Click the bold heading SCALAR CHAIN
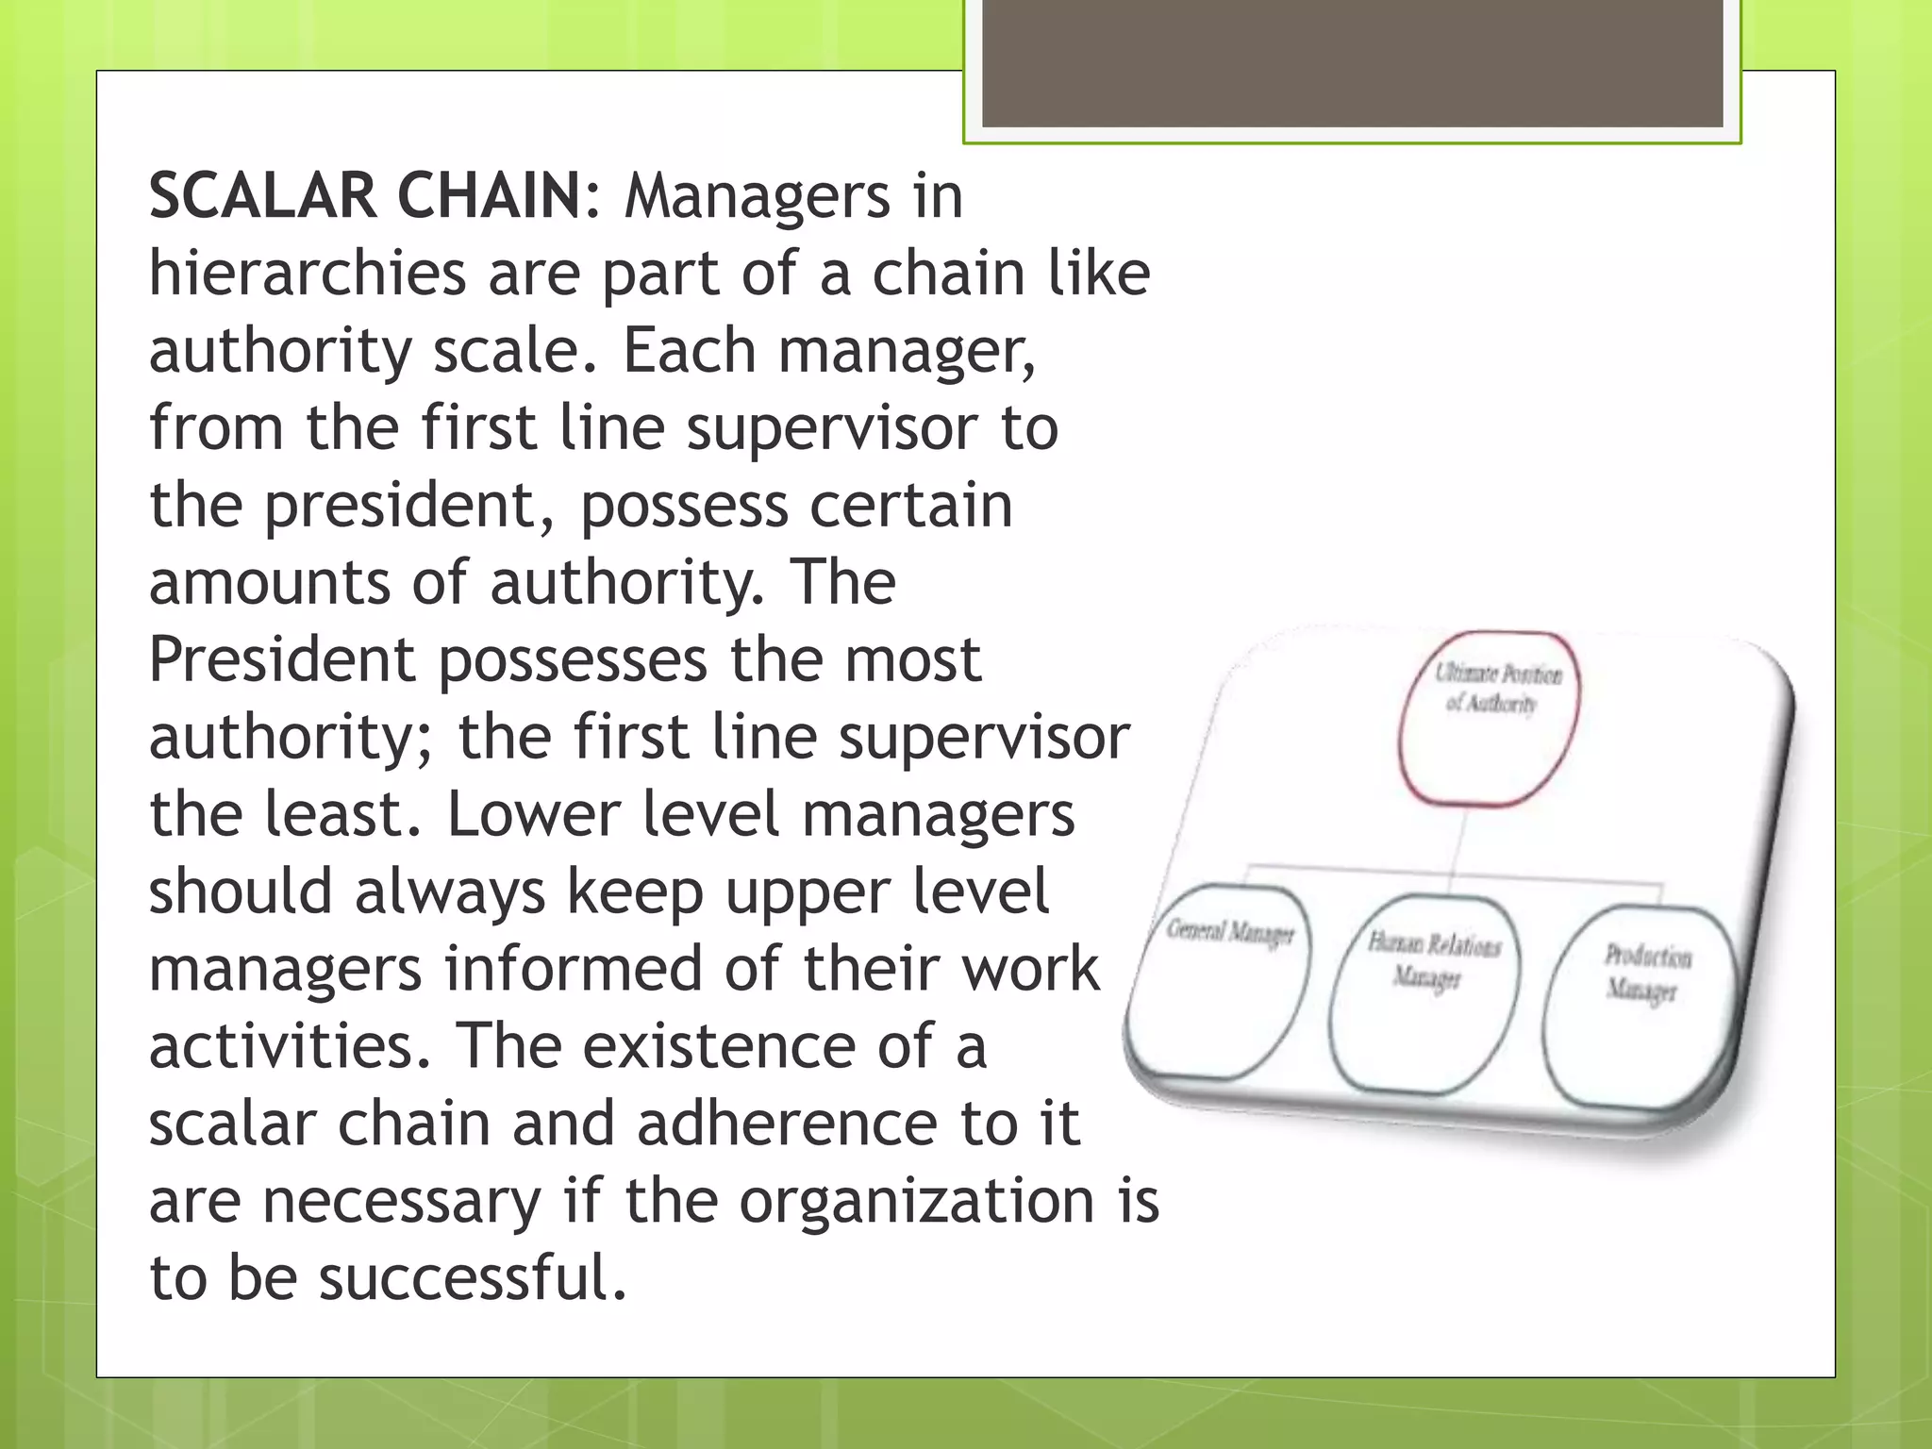(366, 195)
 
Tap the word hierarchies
(308, 273)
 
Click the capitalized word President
(282, 659)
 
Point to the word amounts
(269, 582)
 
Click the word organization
(916, 1201)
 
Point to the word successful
(472, 1278)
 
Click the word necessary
(402, 1201)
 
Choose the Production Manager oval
(1642, 1004)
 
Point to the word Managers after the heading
(757, 195)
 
